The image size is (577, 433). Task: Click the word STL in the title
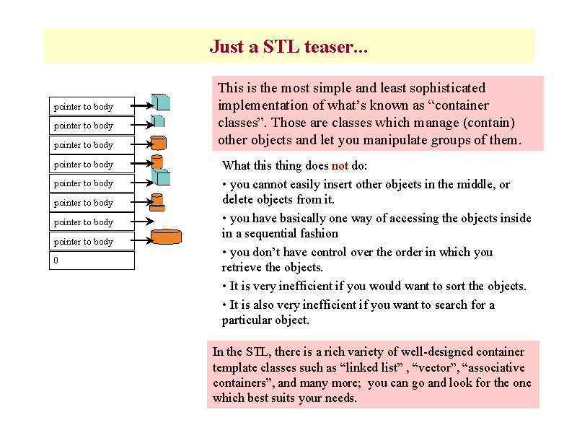pyautogui.click(x=281, y=47)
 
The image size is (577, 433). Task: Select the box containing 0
pyautogui.click(x=92, y=261)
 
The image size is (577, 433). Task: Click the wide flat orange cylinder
pyautogui.click(x=167, y=237)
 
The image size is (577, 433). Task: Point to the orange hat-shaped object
pyautogui.click(x=157, y=203)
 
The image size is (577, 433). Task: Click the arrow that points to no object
pyautogui.click(x=142, y=222)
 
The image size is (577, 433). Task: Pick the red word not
pyautogui.click(x=340, y=166)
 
